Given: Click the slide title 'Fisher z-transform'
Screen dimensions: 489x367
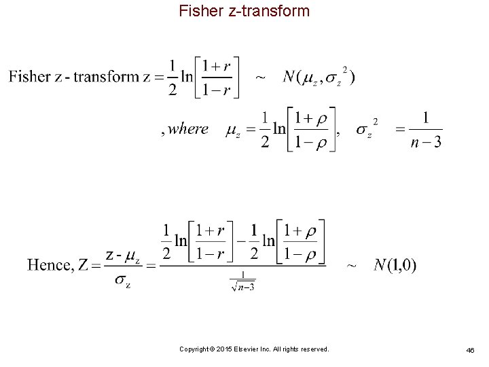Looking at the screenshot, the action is coord(244,11).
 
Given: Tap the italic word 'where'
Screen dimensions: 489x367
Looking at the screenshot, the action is coord(187,128).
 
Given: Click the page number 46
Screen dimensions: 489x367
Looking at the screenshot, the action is coord(470,349).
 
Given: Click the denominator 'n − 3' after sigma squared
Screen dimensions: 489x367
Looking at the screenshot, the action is coord(425,142).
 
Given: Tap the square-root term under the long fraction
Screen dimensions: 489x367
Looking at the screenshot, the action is coord(242,283).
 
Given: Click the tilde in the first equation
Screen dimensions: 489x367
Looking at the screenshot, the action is coord(259,77).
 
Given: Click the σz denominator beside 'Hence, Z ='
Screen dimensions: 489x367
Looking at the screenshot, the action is coord(123,279).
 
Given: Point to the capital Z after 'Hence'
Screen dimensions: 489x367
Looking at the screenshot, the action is coord(84,265).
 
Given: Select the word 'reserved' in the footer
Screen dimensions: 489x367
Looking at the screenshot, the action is coord(314,349).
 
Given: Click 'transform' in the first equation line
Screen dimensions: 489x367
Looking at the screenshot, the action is coord(106,76).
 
